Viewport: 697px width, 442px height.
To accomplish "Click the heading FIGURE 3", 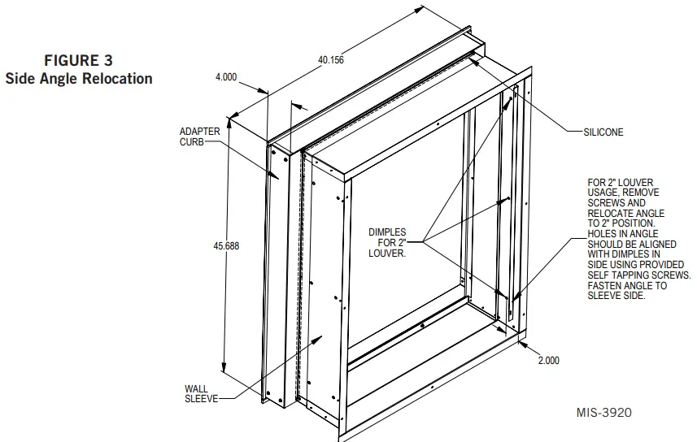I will click(79, 60).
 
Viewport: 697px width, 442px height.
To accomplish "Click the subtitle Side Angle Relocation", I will click(79, 79).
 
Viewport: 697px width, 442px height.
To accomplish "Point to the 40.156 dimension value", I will click(331, 60).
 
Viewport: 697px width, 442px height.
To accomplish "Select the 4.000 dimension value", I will click(225, 77).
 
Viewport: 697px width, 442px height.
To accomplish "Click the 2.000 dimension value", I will click(548, 361).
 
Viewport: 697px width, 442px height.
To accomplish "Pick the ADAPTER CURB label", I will click(199, 136).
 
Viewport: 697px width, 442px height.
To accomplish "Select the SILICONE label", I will click(603, 132).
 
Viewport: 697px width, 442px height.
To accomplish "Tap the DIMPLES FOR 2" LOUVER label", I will click(386, 242).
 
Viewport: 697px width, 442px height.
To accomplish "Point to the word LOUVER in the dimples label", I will click(387, 253).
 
